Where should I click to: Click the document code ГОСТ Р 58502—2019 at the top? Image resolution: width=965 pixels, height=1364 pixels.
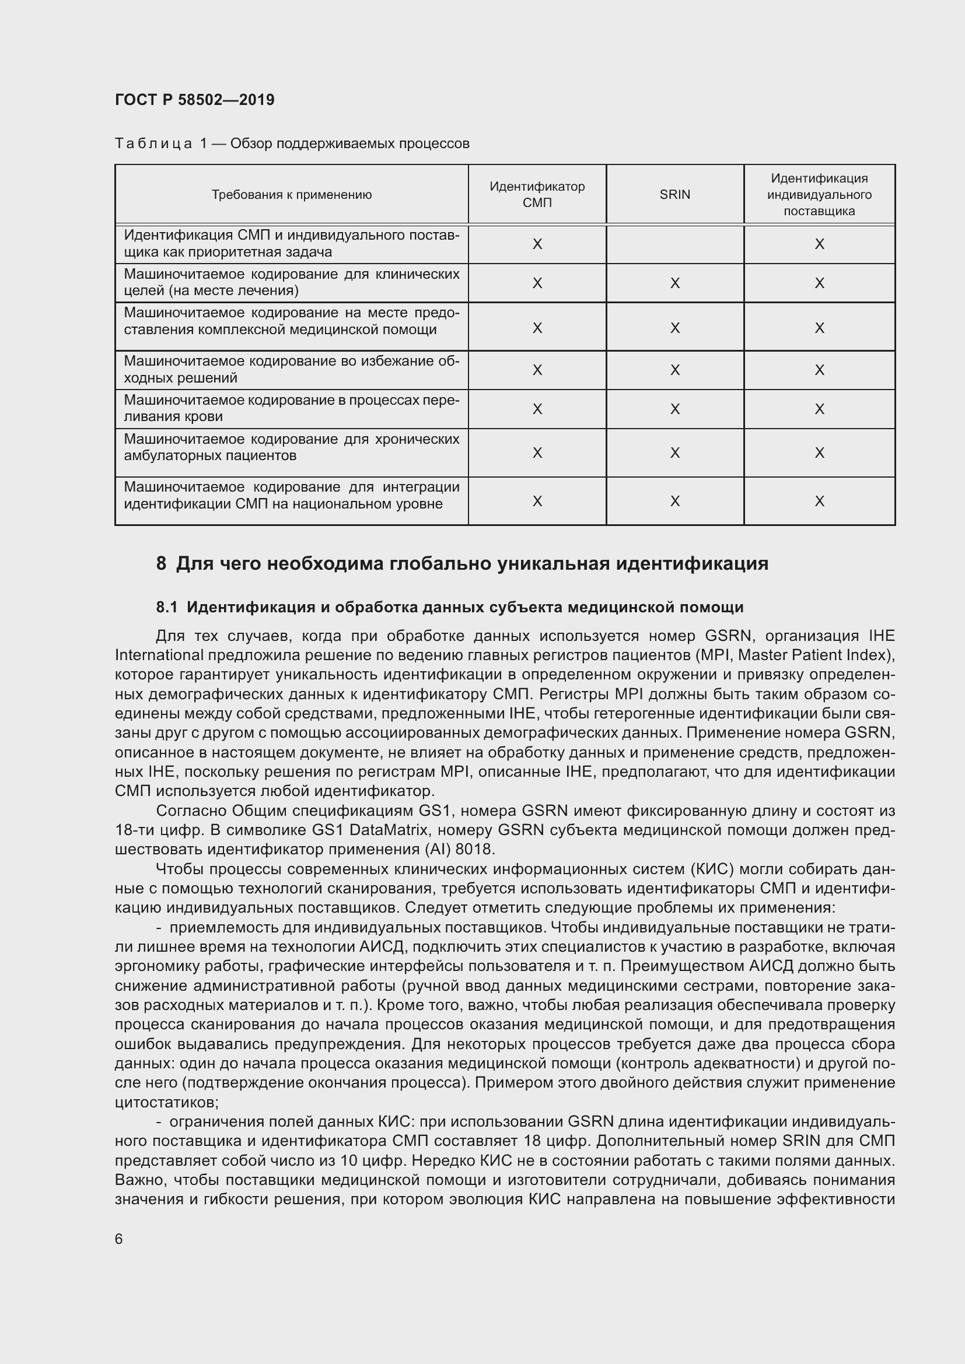[x=194, y=100]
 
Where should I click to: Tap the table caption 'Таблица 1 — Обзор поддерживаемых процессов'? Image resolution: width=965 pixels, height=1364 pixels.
[x=291, y=144]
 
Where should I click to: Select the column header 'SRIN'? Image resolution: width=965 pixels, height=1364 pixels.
[x=674, y=195]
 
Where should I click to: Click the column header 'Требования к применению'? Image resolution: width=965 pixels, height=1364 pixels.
[x=291, y=195]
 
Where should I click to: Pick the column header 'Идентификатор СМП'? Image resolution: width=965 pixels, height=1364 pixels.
[x=537, y=195]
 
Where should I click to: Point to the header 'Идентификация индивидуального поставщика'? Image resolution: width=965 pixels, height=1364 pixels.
[x=819, y=195]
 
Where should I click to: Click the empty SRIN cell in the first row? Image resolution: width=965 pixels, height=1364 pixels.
[x=674, y=244]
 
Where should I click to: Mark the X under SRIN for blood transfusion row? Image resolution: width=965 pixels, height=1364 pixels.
[x=674, y=409]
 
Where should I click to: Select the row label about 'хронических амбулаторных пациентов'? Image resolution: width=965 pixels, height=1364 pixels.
[x=291, y=447]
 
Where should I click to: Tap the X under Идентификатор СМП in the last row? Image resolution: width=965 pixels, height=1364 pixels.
[x=537, y=502]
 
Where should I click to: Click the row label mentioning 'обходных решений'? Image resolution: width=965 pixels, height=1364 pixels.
[x=291, y=370]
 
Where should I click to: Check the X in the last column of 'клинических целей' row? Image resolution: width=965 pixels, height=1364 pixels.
[x=819, y=283]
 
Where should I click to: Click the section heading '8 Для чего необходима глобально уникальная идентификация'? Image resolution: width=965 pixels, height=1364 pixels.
[x=461, y=563]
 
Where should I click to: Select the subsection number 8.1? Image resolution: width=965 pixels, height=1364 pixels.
[x=166, y=607]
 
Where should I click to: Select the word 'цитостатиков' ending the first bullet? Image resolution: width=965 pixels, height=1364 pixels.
[x=166, y=1103]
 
